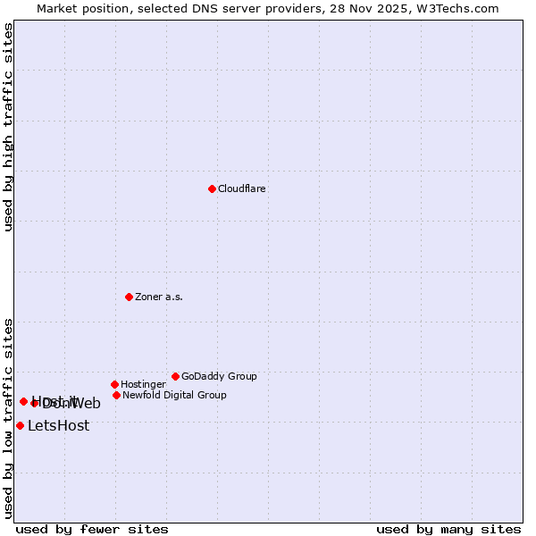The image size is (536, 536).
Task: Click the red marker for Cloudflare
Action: (212, 188)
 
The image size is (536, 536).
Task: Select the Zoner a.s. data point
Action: (129, 297)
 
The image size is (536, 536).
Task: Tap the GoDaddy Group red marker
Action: (175, 376)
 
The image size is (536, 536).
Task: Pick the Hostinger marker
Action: (114, 384)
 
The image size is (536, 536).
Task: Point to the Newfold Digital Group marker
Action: (116, 395)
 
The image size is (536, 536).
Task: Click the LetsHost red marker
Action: (20, 425)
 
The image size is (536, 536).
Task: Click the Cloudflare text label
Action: (242, 189)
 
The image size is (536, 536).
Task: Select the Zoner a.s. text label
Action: (159, 297)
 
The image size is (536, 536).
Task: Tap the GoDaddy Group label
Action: (219, 377)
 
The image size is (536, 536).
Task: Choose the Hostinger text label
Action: (143, 385)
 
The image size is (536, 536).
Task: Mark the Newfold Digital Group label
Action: (174, 396)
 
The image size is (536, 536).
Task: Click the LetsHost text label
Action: (58, 426)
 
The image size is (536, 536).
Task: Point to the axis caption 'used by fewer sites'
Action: (92, 529)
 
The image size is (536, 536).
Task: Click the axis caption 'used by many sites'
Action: (448, 529)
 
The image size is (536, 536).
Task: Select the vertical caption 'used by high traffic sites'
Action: (8, 128)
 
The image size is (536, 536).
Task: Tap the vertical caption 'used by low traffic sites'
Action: (8, 418)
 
